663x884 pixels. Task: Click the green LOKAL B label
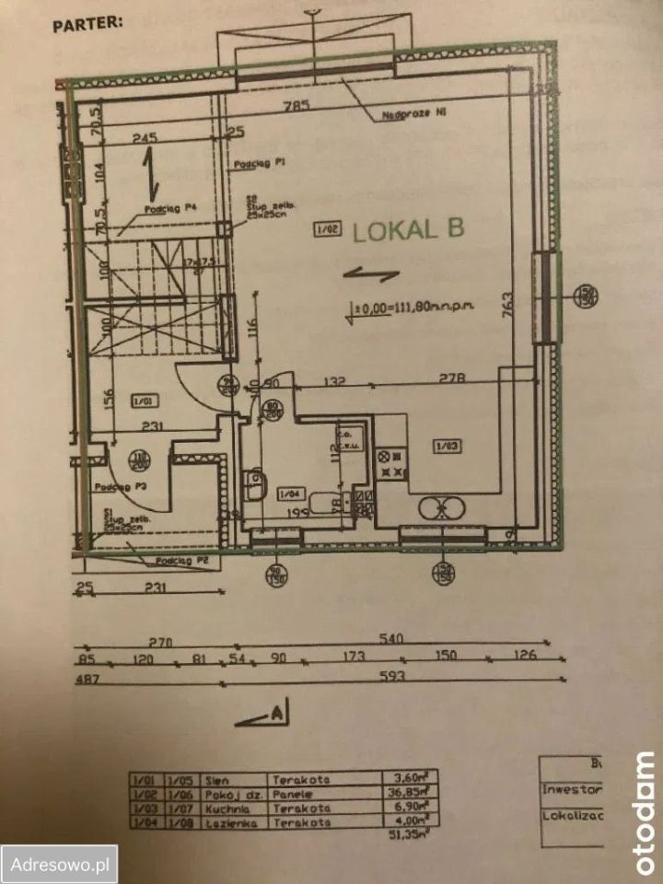click(408, 230)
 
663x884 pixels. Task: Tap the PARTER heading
click(87, 23)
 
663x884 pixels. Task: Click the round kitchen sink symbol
click(441, 507)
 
